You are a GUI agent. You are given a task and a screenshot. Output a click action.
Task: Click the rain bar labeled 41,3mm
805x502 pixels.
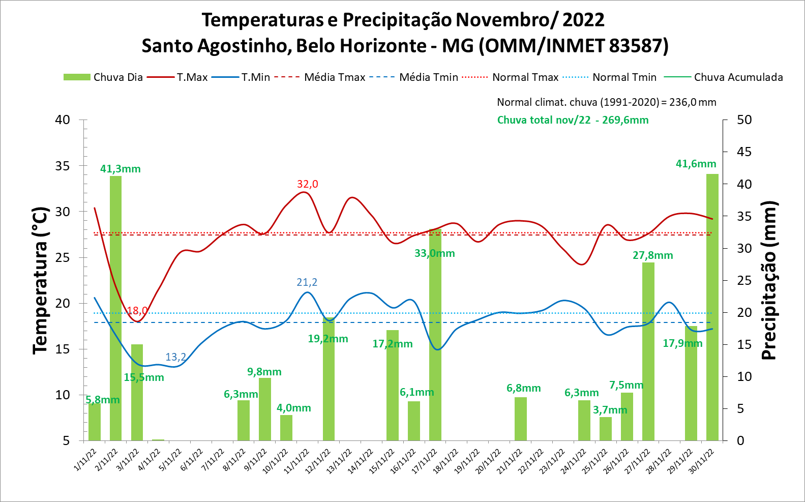[x=115, y=308]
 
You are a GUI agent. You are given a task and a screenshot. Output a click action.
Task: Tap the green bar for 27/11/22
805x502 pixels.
[x=648, y=351]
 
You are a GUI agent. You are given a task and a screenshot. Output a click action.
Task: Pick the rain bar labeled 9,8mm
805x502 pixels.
[x=264, y=409]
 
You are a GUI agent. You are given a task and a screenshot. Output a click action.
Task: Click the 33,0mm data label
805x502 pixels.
[x=434, y=253]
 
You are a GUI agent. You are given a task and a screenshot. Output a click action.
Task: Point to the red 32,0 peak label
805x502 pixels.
[x=308, y=184]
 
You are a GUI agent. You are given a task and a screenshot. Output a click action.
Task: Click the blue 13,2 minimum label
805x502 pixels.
[x=176, y=357]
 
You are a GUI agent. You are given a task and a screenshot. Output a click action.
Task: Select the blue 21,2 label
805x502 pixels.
[x=307, y=282]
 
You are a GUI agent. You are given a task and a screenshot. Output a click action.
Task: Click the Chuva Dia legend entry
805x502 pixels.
[x=103, y=77]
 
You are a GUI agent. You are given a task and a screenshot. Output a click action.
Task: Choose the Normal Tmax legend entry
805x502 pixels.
[x=511, y=77]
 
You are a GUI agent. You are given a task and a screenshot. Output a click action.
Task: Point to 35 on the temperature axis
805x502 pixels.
[x=63, y=166]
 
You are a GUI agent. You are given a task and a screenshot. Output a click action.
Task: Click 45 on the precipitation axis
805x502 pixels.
[x=744, y=152]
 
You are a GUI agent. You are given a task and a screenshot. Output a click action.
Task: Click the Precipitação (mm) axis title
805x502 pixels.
[x=769, y=280]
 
